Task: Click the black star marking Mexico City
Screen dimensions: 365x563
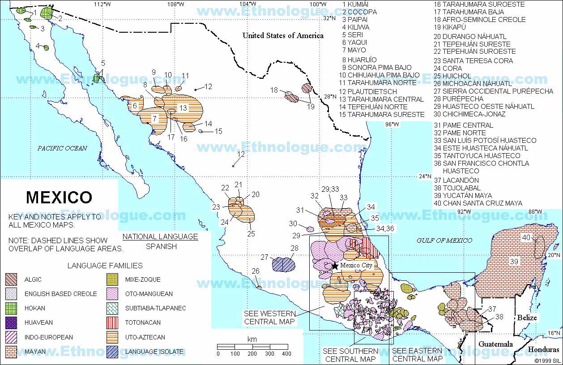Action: tap(334, 266)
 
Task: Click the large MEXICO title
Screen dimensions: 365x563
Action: tap(59, 198)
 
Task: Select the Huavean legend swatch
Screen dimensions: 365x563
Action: tap(11, 323)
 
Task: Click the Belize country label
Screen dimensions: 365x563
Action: tap(527, 318)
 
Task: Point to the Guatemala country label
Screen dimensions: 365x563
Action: tap(495, 344)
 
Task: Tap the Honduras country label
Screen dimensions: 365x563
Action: tap(543, 350)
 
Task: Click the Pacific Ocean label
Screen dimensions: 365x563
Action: tap(62, 148)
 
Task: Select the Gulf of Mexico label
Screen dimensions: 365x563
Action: tap(444, 240)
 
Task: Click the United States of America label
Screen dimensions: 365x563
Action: tap(283, 35)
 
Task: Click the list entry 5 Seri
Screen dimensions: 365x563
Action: tap(350, 35)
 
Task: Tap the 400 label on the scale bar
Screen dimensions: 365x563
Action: tap(287, 354)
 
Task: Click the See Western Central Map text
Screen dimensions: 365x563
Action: tap(269, 317)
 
